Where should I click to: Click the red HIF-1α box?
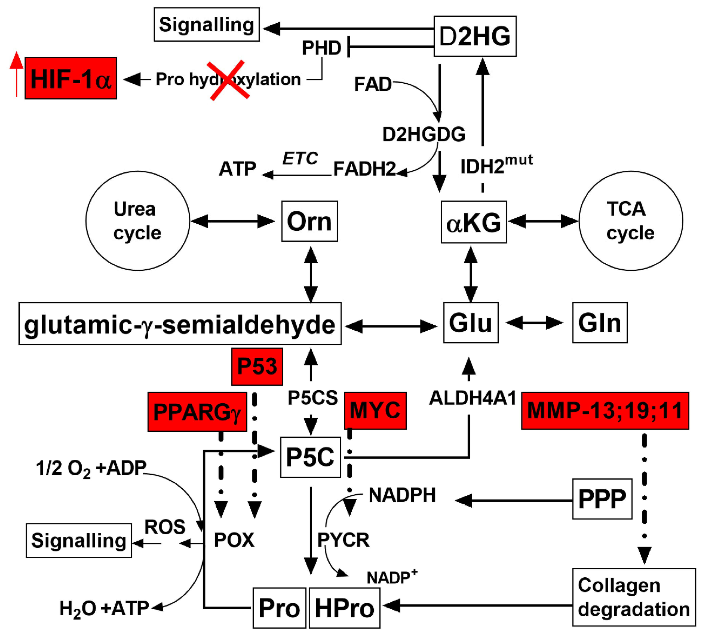(71, 78)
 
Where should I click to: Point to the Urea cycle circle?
(138, 221)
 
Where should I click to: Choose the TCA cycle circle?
(631, 221)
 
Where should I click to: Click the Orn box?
(310, 221)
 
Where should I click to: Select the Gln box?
(600, 323)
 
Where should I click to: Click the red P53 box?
(257, 366)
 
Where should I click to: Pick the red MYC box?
(375, 410)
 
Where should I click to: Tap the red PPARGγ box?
(197, 412)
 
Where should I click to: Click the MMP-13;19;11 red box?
(605, 410)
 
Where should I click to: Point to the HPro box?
(344, 608)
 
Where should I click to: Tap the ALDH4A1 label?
(473, 398)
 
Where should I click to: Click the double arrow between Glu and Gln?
(535, 323)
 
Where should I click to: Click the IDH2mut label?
(496, 164)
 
